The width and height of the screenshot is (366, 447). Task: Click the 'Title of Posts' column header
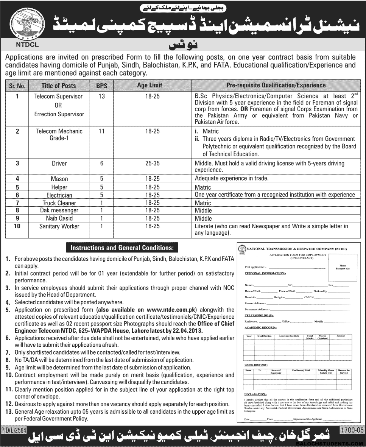pos(59,86)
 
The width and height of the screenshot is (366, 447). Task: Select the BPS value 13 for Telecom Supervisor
pos(101,97)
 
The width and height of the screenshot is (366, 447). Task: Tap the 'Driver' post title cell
pos(59,164)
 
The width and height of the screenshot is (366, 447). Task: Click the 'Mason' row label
pos(59,179)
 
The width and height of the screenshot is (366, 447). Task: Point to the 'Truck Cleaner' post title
pos(59,203)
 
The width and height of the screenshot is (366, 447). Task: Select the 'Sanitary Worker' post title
pos(59,226)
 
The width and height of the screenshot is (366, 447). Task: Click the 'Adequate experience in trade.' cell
pos(231,179)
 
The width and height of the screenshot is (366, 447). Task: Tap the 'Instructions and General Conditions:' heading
pos(121,248)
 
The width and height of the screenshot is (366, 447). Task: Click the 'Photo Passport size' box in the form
pos(343,267)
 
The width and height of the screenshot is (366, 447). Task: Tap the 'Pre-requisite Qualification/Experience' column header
pos(276,86)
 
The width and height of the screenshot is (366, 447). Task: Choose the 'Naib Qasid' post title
pos(59,218)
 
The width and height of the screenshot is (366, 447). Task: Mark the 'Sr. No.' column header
pos(17,86)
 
